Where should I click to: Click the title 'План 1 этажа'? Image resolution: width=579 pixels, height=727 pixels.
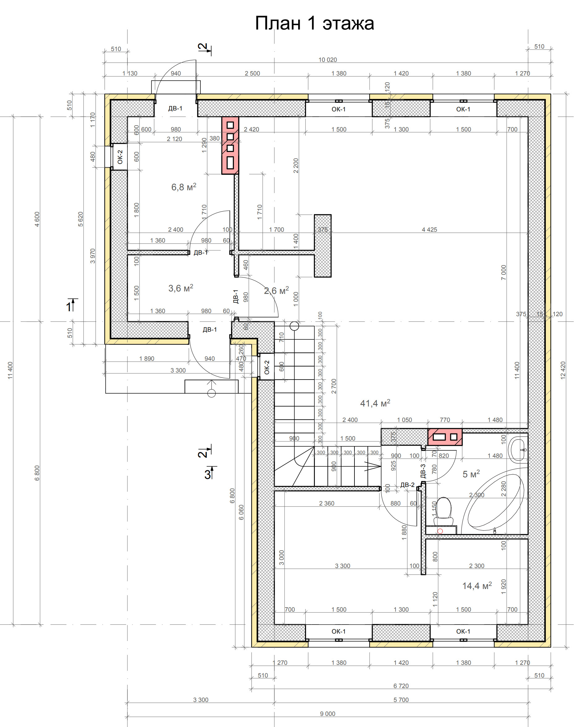pyautogui.click(x=314, y=23)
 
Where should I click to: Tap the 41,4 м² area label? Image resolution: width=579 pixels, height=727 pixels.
pyautogui.click(x=375, y=403)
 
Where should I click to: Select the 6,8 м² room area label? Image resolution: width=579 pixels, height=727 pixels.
pyautogui.click(x=184, y=187)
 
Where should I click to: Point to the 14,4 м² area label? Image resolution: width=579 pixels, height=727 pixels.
pyautogui.click(x=477, y=586)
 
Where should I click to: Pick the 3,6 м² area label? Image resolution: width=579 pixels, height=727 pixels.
pyautogui.click(x=181, y=288)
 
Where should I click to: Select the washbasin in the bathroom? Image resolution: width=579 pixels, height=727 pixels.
pyautogui.click(x=518, y=450)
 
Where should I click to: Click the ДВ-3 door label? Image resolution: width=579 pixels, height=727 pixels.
pyautogui.click(x=423, y=471)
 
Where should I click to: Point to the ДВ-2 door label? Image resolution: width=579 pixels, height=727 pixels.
pyautogui.click(x=407, y=485)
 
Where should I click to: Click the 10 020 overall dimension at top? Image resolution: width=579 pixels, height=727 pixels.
pyautogui.click(x=328, y=60)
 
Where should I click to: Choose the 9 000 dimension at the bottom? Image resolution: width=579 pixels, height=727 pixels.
pyautogui.click(x=328, y=713)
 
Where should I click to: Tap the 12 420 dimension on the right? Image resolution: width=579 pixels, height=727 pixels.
pyautogui.click(x=563, y=370)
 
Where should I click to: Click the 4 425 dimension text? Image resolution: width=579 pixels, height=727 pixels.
pyautogui.click(x=429, y=230)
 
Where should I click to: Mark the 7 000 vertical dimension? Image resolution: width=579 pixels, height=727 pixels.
pyautogui.click(x=504, y=273)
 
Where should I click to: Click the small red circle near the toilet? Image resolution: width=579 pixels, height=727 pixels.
pyautogui.click(x=440, y=531)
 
